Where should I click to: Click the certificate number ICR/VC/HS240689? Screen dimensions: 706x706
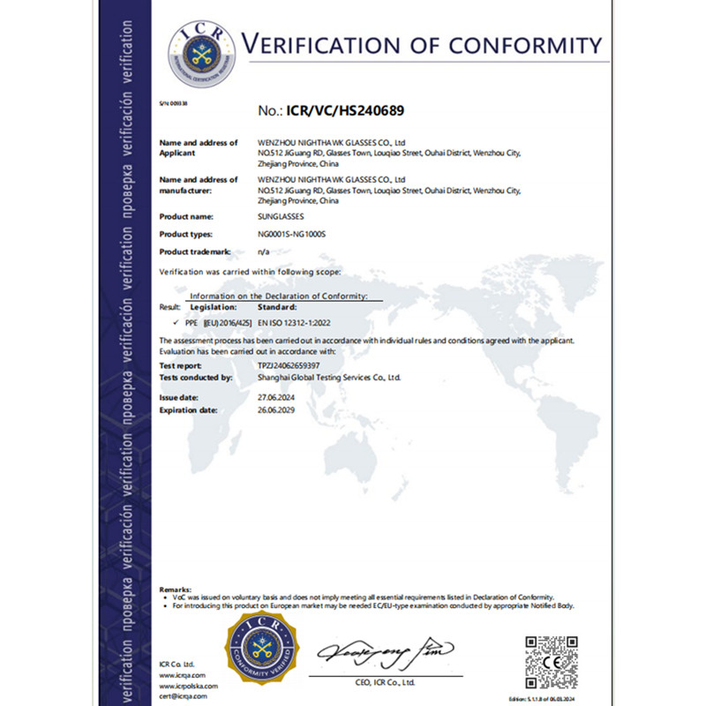tap(349, 112)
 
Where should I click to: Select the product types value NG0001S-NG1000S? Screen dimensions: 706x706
tap(291, 234)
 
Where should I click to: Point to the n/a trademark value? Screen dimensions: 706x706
tap(262, 252)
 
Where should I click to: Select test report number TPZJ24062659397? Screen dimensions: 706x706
tap(289, 364)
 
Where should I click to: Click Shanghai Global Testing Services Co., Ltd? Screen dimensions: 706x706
tap(329, 377)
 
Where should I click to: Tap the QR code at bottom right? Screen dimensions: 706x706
tap(552, 661)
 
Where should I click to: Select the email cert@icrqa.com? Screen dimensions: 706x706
tap(184, 696)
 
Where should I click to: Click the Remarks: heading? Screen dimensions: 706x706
tap(175, 589)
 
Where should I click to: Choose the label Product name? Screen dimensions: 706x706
tap(185, 216)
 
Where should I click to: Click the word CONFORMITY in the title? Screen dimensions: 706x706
tap(520, 44)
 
